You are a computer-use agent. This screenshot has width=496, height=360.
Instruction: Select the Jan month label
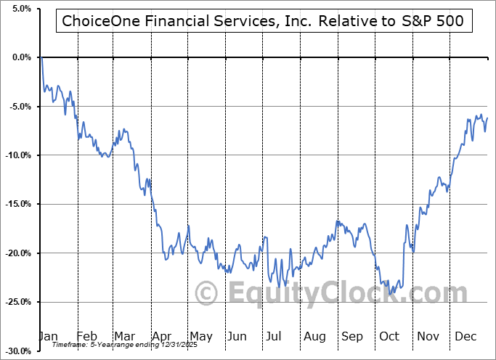click(49, 336)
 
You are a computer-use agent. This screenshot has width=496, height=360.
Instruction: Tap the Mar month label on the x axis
click(125, 336)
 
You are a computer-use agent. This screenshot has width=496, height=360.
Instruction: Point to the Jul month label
click(275, 336)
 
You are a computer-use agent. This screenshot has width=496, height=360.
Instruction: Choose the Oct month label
click(389, 336)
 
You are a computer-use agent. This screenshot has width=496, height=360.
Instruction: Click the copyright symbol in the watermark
click(208, 294)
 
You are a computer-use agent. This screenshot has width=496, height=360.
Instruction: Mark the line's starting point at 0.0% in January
click(42, 57)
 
